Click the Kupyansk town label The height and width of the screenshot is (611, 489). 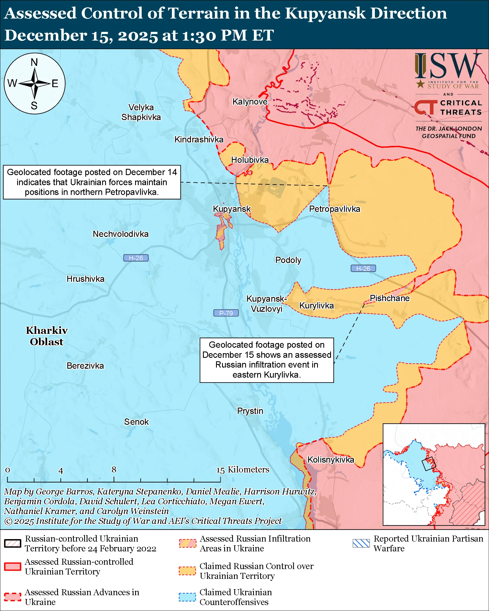(x=232, y=209)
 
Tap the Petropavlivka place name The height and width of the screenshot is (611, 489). (x=335, y=209)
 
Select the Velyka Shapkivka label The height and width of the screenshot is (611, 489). (x=141, y=112)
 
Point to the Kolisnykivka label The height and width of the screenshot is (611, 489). (x=330, y=459)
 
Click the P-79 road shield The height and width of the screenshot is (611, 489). (x=226, y=313)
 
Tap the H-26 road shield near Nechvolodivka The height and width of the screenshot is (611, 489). (x=136, y=258)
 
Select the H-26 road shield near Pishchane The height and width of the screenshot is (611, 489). (x=363, y=268)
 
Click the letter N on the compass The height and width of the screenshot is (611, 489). (x=34, y=62)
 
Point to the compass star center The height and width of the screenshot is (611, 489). (x=34, y=83)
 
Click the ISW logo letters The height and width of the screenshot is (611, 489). (x=448, y=66)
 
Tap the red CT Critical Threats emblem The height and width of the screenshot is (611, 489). (x=426, y=107)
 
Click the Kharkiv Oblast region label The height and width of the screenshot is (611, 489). (x=47, y=336)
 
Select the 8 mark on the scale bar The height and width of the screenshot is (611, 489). (x=114, y=469)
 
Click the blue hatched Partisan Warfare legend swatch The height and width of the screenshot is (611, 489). (x=361, y=543)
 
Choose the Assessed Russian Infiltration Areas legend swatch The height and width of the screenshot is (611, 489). (x=187, y=543)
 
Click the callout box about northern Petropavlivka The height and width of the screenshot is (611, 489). (x=92, y=182)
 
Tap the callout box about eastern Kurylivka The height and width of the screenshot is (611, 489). (x=266, y=360)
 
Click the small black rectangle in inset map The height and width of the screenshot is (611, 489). (x=428, y=464)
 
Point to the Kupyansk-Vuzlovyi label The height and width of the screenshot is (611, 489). (x=266, y=304)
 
